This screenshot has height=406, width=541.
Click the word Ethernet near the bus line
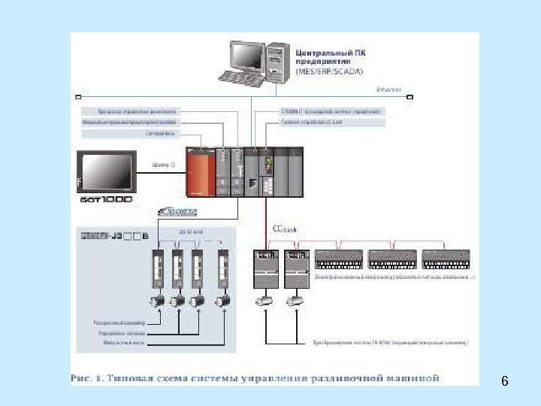388,89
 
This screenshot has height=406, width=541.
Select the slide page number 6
505,382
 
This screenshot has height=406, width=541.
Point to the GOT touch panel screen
107,172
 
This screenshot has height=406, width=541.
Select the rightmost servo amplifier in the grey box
223,269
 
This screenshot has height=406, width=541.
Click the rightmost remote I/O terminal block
446,259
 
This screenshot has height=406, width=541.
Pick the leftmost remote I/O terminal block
339,259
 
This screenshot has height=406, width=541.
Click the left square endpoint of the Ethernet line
77,97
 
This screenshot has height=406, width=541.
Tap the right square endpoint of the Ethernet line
410,97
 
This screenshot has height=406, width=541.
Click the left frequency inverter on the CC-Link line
266,268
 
